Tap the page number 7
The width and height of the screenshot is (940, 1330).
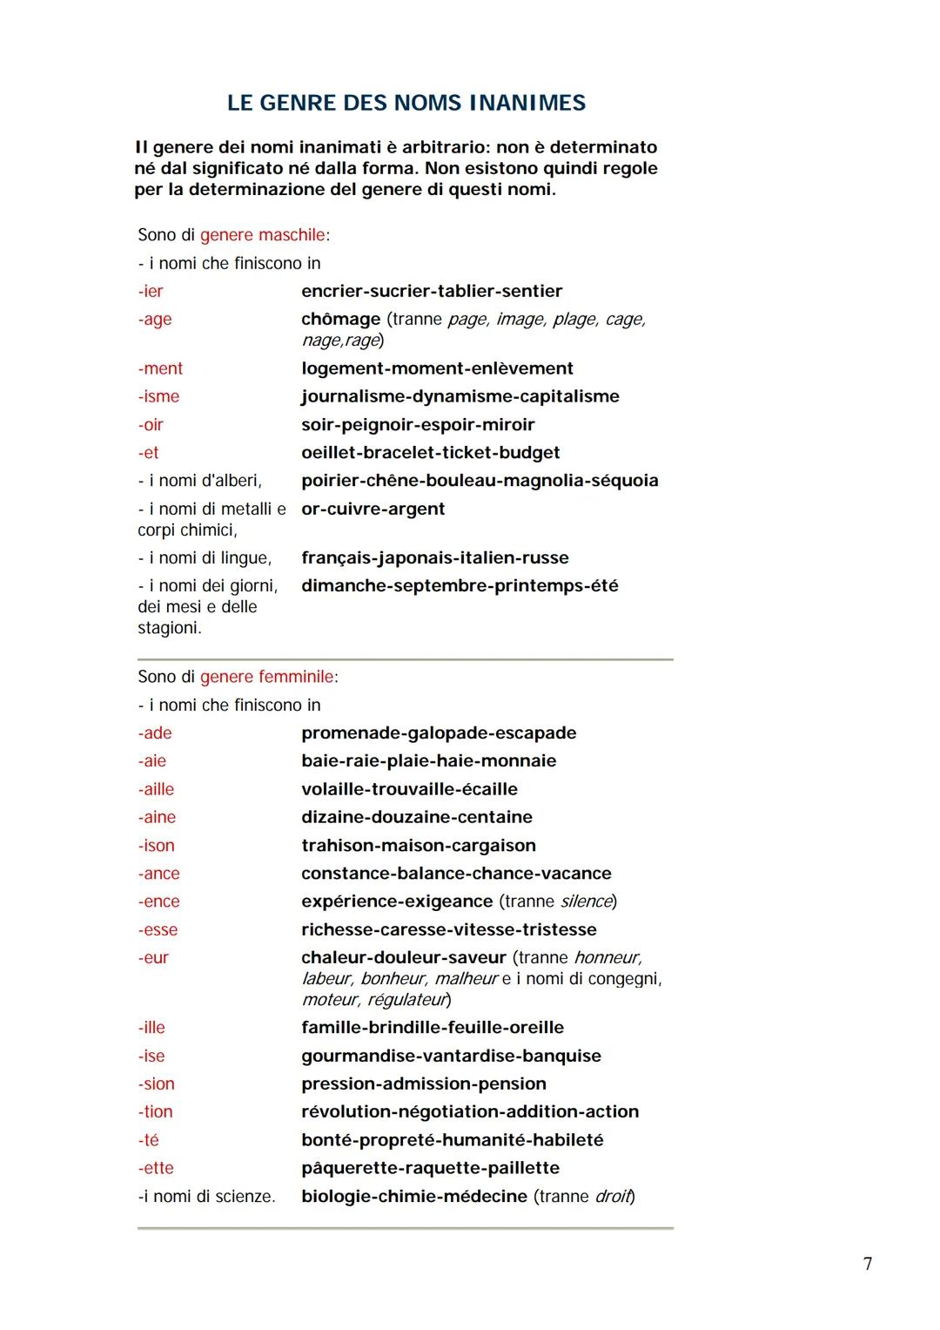click(x=867, y=1264)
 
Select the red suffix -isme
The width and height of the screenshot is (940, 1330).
click(x=158, y=396)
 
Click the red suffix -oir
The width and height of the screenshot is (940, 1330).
click(x=151, y=424)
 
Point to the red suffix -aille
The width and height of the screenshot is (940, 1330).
click(x=156, y=789)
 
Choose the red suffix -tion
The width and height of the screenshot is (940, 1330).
click(x=155, y=1111)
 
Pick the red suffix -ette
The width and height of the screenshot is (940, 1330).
click(x=156, y=1168)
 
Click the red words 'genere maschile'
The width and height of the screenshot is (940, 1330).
click(x=263, y=235)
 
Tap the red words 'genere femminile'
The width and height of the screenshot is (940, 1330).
click(x=267, y=677)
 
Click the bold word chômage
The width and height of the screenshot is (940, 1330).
click(x=340, y=319)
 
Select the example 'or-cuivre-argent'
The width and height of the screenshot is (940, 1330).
click(x=373, y=509)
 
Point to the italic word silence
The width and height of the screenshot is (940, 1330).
click(x=586, y=901)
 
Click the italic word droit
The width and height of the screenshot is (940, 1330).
click(x=613, y=1196)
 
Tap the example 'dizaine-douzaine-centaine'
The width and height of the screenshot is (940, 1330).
click(x=416, y=817)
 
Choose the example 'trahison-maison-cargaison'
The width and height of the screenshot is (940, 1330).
click(x=418, y=845)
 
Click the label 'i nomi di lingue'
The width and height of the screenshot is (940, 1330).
click(x=209, y=557)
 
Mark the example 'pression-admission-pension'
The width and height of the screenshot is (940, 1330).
click(x=423, y=1084)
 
